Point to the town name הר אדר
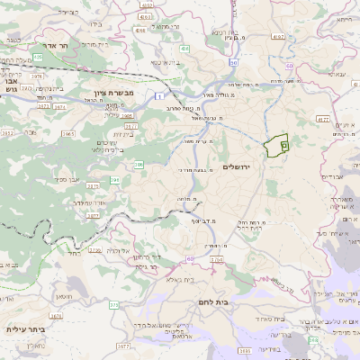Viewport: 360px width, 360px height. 58,44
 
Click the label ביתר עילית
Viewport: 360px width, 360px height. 24,329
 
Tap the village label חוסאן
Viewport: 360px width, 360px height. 64,296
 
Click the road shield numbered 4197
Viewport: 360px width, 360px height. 277,37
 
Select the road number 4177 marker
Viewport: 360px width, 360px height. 323,119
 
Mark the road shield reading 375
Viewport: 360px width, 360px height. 114,305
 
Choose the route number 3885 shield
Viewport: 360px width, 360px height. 244,350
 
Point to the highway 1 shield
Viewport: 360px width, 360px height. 158,95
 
